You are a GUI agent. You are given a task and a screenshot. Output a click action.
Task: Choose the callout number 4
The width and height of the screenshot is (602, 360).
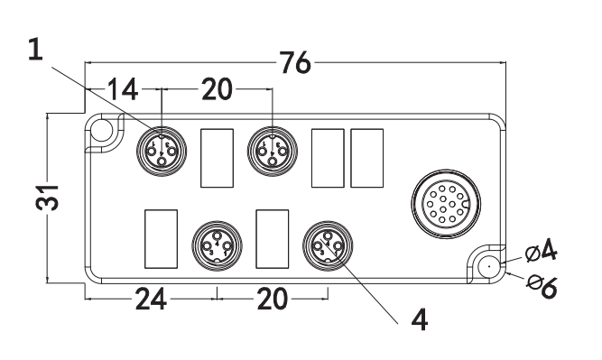(x=417, y=319)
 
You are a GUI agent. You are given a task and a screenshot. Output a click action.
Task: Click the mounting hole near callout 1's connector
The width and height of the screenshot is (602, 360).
(x=102, y=131)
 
